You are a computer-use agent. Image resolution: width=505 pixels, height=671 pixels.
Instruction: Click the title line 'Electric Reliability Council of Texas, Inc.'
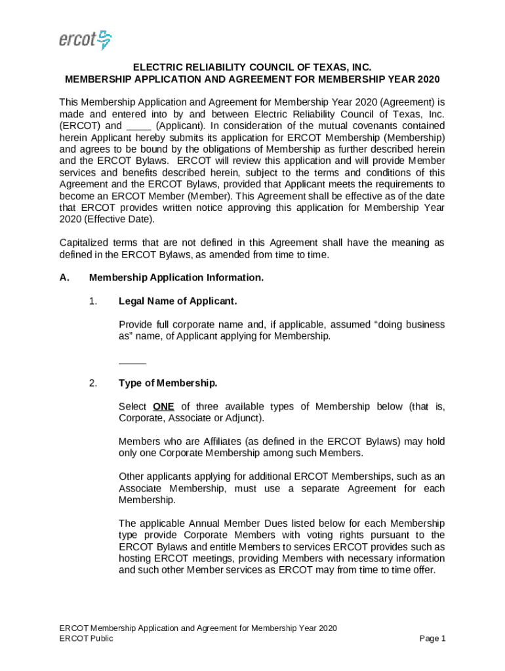coord(253,67)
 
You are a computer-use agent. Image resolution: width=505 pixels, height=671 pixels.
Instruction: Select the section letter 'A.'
coord(64,278)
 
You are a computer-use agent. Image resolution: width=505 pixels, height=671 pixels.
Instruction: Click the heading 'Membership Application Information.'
coord(176,278)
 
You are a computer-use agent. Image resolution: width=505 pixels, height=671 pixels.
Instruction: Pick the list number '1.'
coord(93,301)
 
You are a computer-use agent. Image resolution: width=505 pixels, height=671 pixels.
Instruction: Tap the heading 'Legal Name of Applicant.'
coord(178,301)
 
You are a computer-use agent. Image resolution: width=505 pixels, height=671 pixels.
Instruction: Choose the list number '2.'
coord(93,383)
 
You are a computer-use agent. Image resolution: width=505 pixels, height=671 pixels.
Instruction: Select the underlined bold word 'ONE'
coord(163,407)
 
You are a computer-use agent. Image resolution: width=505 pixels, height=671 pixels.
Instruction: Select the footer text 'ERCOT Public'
coord(86,639)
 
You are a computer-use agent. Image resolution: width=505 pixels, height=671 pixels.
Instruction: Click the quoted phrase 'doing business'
coord(409,325)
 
